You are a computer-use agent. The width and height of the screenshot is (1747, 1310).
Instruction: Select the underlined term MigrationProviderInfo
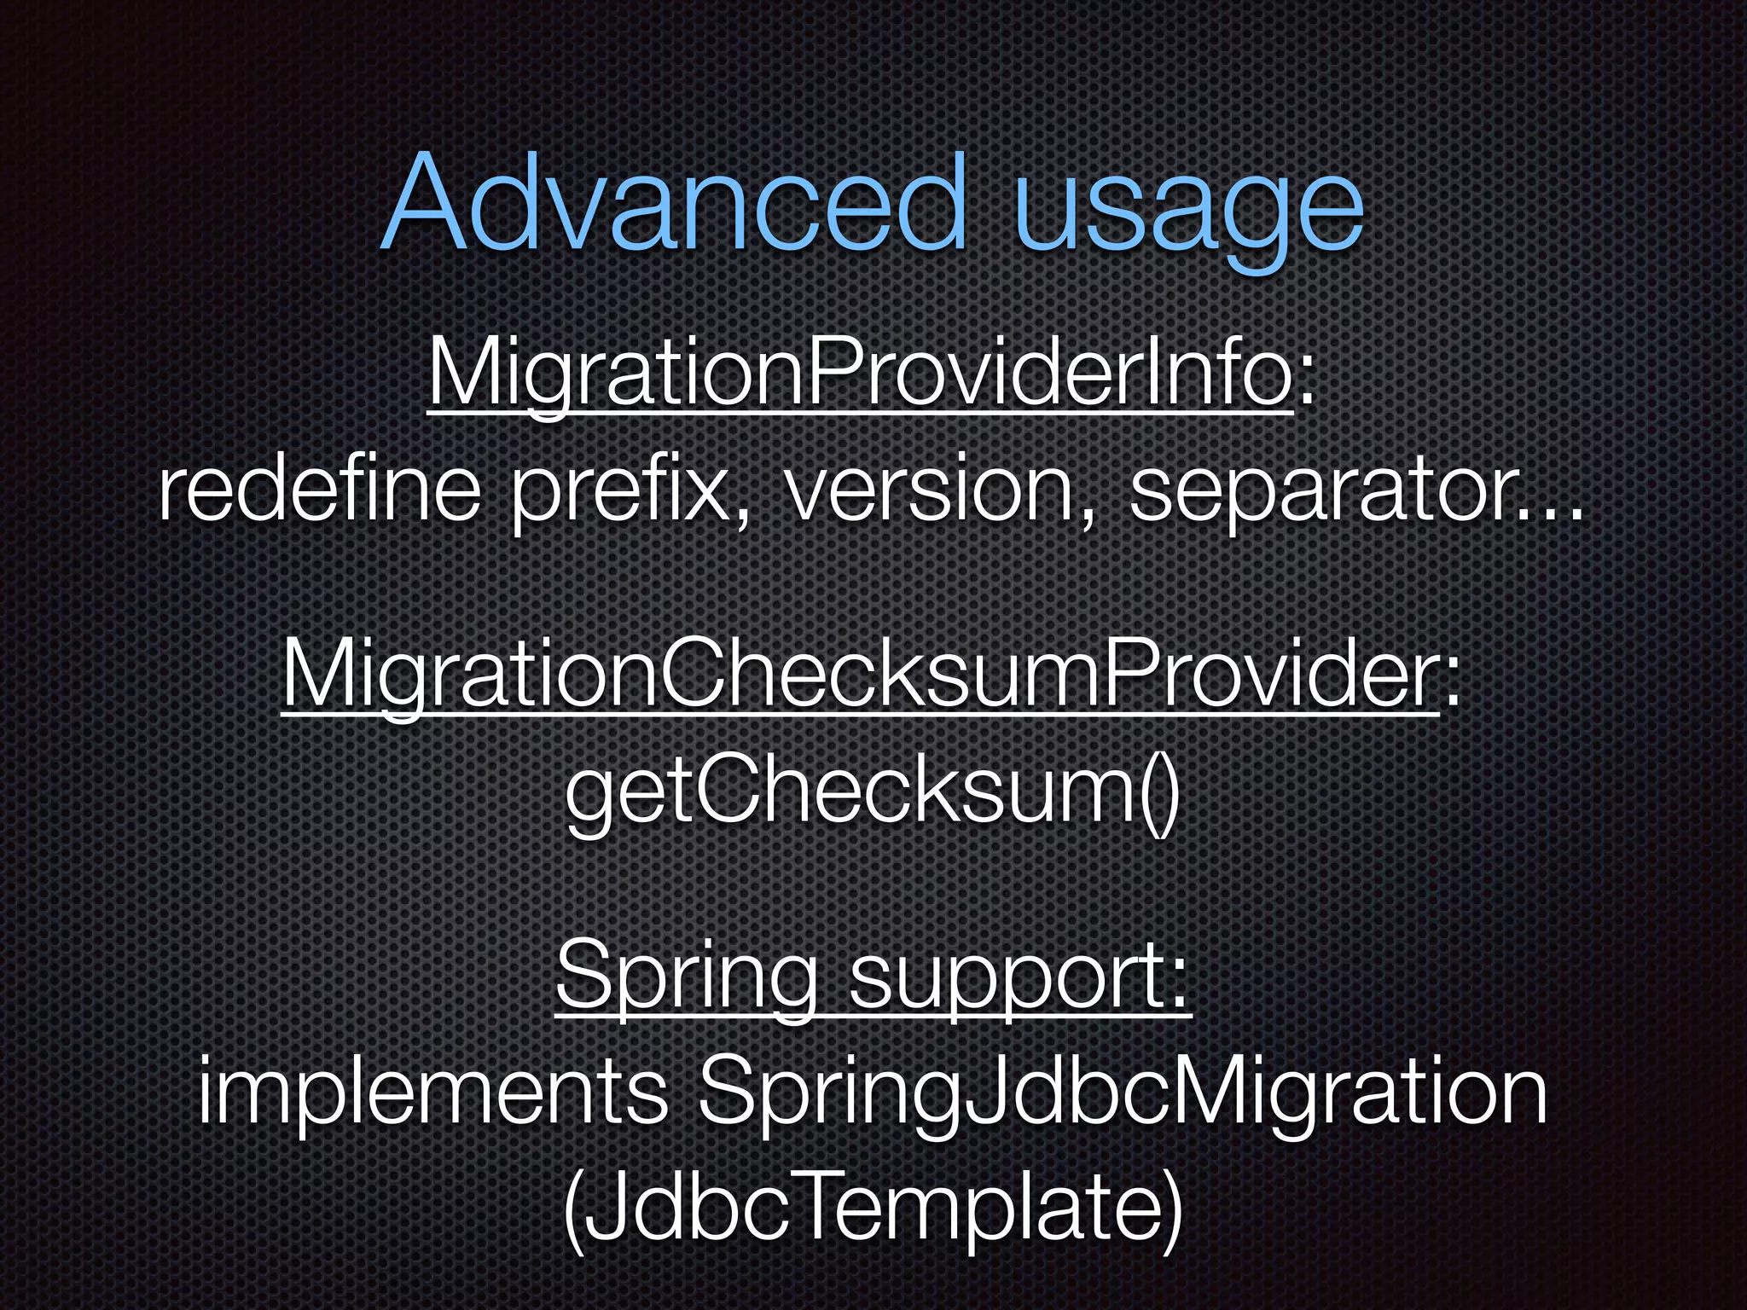point(860,374)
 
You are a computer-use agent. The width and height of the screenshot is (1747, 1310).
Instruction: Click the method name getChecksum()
point(872,793)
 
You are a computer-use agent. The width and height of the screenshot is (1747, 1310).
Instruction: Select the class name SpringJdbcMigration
point(1122,1096)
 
